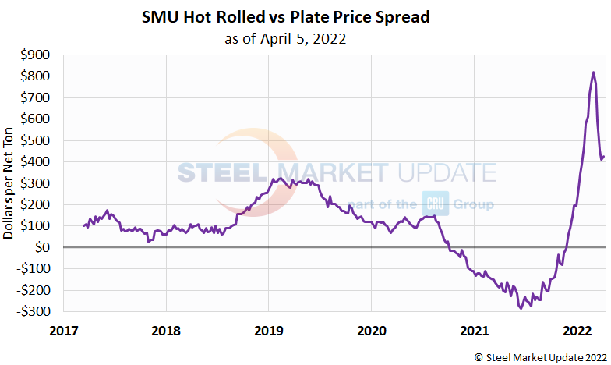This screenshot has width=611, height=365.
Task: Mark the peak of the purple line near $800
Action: tap(593, 73)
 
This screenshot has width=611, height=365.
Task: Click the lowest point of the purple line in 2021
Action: tap(521, 308)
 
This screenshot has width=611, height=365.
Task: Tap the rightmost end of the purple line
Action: tap(604, 156)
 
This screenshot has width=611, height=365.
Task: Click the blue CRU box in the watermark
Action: tap(433, 204)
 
